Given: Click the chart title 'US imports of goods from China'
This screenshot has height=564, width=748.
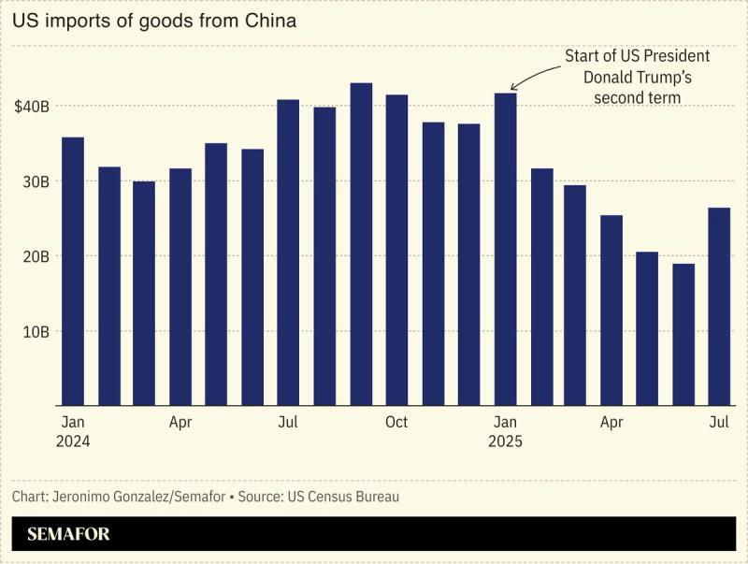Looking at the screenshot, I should [x=154, y=21].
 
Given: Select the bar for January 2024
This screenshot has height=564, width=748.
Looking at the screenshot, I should [x=73, y=271].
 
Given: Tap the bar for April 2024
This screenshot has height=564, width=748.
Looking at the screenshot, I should [x=180, y=286].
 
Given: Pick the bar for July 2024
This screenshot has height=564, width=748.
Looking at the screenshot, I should [x=288, y=253].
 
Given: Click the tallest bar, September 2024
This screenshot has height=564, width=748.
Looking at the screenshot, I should [x=361, y=244].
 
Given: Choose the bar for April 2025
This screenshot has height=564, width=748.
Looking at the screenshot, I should [x=611, y=310].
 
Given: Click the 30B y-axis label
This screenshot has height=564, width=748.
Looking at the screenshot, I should [x=36, y=181].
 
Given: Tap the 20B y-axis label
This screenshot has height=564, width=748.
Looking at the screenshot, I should [x=36, y=256].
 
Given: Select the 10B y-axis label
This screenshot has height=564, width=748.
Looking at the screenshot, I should [x=36, y=331].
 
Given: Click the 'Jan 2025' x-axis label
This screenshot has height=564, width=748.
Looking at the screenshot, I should [x=505, y=431].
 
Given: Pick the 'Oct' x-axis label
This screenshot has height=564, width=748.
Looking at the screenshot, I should [x=396, y=423].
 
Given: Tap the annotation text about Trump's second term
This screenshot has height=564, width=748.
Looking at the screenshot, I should [x=637, y=77].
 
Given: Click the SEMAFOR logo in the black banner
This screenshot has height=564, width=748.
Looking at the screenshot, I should [x=68, y=535].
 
